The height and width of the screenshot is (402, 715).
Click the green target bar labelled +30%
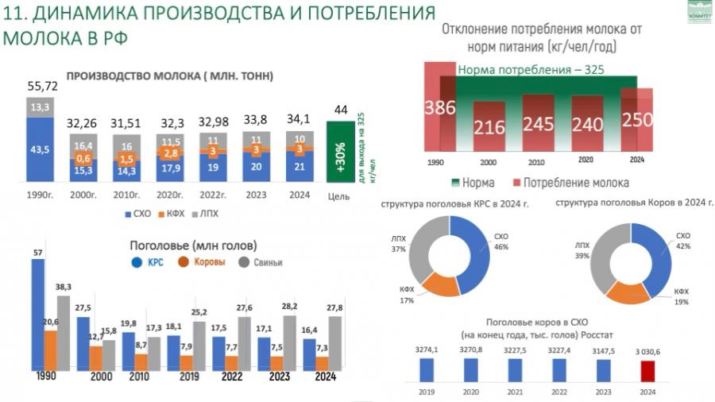[341, 152]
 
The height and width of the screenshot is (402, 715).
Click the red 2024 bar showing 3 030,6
[648, 371]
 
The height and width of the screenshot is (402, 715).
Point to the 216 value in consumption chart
[489, 128]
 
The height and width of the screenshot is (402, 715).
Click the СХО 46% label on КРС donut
[500, 242]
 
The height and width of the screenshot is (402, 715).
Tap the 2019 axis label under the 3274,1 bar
[427, 392]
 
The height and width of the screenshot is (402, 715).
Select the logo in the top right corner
[699, 12]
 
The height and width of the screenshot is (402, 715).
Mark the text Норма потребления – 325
[531, 69]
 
